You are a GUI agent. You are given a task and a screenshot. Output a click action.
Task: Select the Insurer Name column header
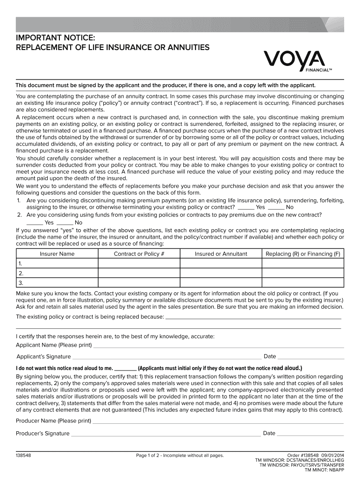(x=57, y=254)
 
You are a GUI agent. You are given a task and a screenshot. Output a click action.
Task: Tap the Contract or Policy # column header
(x=139, y=254)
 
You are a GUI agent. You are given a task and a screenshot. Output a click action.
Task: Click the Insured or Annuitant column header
(x=221, y=254)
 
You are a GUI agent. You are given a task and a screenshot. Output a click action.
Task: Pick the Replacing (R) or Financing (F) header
(x=302, y=254)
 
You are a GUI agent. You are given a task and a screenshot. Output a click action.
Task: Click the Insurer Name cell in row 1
(x=57, y=264)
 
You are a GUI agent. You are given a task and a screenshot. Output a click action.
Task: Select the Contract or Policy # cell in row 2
(x=139, y=274)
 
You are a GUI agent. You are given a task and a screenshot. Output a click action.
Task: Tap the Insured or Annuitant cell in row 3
(x=221, y=283)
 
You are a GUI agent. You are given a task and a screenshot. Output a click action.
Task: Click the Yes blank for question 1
(x=246, y=208)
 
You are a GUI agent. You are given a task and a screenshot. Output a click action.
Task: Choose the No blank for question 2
(x=65, y=224)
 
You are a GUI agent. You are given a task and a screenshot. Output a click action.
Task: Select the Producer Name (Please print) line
(x=217, y=422)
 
